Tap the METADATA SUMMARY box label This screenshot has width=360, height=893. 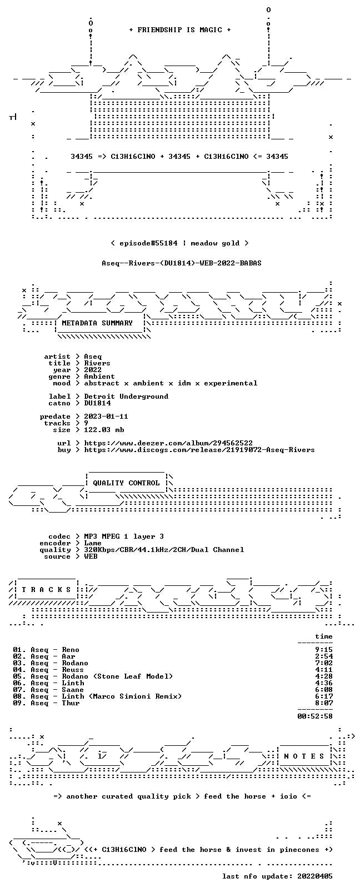[x=97, y=323]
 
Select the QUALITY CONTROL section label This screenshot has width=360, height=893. [x=126, y=483]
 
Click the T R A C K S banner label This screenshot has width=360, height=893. [x=46, y=590]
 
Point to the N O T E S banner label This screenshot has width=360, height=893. [x=304, y=756]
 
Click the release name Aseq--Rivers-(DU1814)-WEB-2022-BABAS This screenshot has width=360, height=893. [x=182, y=263]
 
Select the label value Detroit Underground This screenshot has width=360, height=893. [x=126, y=397]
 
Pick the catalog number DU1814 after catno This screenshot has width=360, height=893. [x=97, y=403]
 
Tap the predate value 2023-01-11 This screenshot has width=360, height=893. [x=106, y=416]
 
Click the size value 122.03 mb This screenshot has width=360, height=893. [x=104, y=430]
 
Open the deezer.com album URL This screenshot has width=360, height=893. [x=168, y=443]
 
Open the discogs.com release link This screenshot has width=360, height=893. [x=199, y=450]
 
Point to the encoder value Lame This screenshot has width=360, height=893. [x=92, y=543]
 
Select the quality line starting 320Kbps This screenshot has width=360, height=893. [x=164, y=550]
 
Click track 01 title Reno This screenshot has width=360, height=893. [x=71, y=650]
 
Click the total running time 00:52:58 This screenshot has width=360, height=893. [x=315, y=716]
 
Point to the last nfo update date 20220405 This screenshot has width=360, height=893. [x=315, y=876]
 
